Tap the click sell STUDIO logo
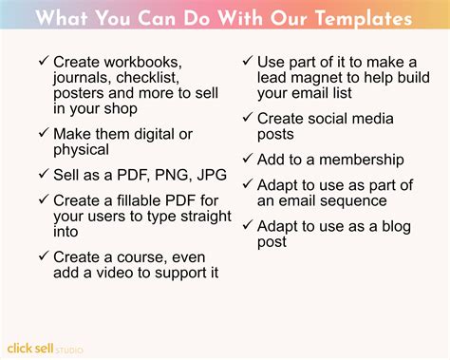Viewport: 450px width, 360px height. point(45,348)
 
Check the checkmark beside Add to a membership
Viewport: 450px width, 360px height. point(249,160)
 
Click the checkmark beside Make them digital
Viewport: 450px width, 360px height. point(44,134)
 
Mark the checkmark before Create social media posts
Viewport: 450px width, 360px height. point(249,118)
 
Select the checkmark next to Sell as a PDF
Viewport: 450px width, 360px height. point(44,175)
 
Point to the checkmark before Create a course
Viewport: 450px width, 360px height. point(44,256)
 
